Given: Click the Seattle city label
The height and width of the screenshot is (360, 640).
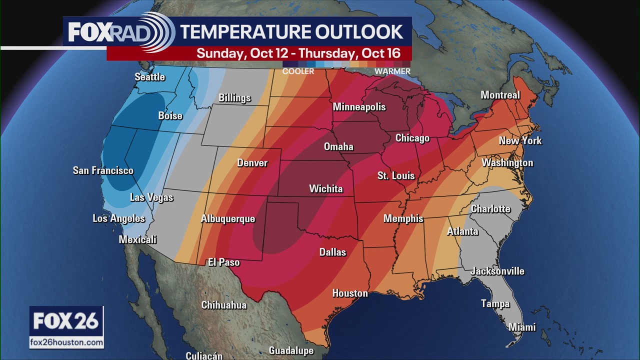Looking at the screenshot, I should pyautogui.click(x=149, y=77).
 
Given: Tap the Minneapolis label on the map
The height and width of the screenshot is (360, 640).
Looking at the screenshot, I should pyautogui.click(x=359, y=107).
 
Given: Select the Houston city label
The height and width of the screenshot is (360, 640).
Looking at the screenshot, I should pyautogui.click(x=350, y=293).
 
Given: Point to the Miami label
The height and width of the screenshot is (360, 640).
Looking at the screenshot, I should pyautogui.click(x=521, y=327).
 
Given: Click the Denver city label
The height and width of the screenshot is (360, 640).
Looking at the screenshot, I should pyautogui.click(x=252, y=163).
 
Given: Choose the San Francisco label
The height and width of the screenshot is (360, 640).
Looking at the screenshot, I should pyautogui.click(x=103, y=171).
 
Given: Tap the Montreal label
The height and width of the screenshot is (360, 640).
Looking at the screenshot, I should pyautogui.click(x=500, y=95).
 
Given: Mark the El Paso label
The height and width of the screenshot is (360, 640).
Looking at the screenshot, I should pyautogui.click(x=223, y=262).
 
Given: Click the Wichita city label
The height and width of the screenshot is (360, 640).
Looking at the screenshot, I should pyautogui.click(x=325, y=189).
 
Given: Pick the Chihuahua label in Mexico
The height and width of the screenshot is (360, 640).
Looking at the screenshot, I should pyautogui.click(x=223, y=305).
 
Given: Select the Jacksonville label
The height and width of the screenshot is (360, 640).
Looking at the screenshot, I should pyautogui.click(x=497, y=271).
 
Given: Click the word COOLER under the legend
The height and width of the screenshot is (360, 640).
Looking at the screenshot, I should pyautogui.click(x=298, y=71).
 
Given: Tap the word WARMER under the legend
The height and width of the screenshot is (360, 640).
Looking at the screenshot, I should pyautogui.click(x=392, y=71).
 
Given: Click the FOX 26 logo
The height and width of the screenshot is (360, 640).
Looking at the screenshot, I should pyautogui.click(x=66, y=321).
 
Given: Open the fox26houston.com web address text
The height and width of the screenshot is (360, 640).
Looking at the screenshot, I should pyautogui.click(x=66, y=342).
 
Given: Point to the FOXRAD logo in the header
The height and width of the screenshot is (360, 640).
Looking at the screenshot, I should pyautogui.click(x=120, y=32).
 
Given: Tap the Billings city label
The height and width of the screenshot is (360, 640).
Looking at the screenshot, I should pyautogui.click(x=234, y=98).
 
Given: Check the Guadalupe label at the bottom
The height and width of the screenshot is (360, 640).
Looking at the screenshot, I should pyautogui.click(x=291, y=351).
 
